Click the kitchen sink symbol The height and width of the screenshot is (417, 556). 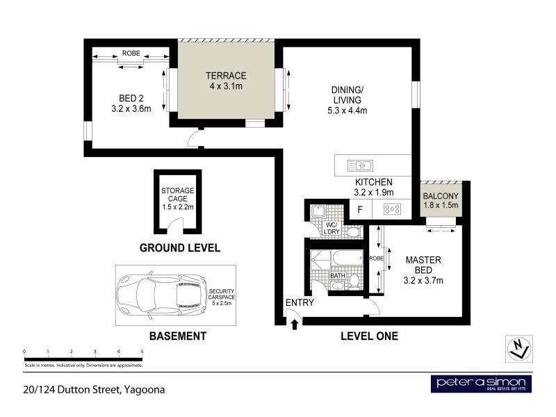tap(361, 165)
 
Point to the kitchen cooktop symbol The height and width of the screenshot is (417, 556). tap(393, 208)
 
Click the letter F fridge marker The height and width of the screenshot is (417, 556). tap(360, 208)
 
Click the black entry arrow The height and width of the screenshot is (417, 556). tap(295, 323)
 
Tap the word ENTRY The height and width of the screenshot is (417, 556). tap(300, 303)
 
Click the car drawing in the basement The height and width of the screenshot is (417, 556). tap(161, 295)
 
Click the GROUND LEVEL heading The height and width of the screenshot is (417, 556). tap(179, 247)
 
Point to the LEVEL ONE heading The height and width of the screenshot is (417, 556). tap(368, 336)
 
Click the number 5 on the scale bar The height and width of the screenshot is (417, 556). tap(142, 352)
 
